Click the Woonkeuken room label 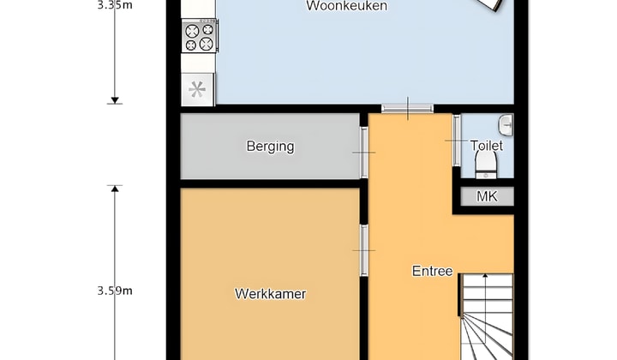pyautogui.click(x=347, y=6)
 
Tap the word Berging pyautogui.click(x=270, y=146)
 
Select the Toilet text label pyautogui.click(x=487, y=146)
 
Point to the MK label pyautogui.click(x=487, y=196)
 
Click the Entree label pyautogui.click(x=432, y=271)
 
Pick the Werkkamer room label pyautogui.click(x=270, y=294)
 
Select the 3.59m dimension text pyautogui.click(x=116, y=290)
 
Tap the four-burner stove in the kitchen pyautogui.click(x=199, y=37)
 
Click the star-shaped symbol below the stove pyautogui.click(x=198, y=88)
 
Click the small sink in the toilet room pyautogui.click(x=507, y=125)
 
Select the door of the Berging pyautogui.click(x=364, y=153)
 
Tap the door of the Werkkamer pyautogui.click(x=364, y=249)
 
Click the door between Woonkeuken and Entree pyautogui.click(x=408, y=107)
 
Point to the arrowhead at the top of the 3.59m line pyautogui.click(x=115, y=188)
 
